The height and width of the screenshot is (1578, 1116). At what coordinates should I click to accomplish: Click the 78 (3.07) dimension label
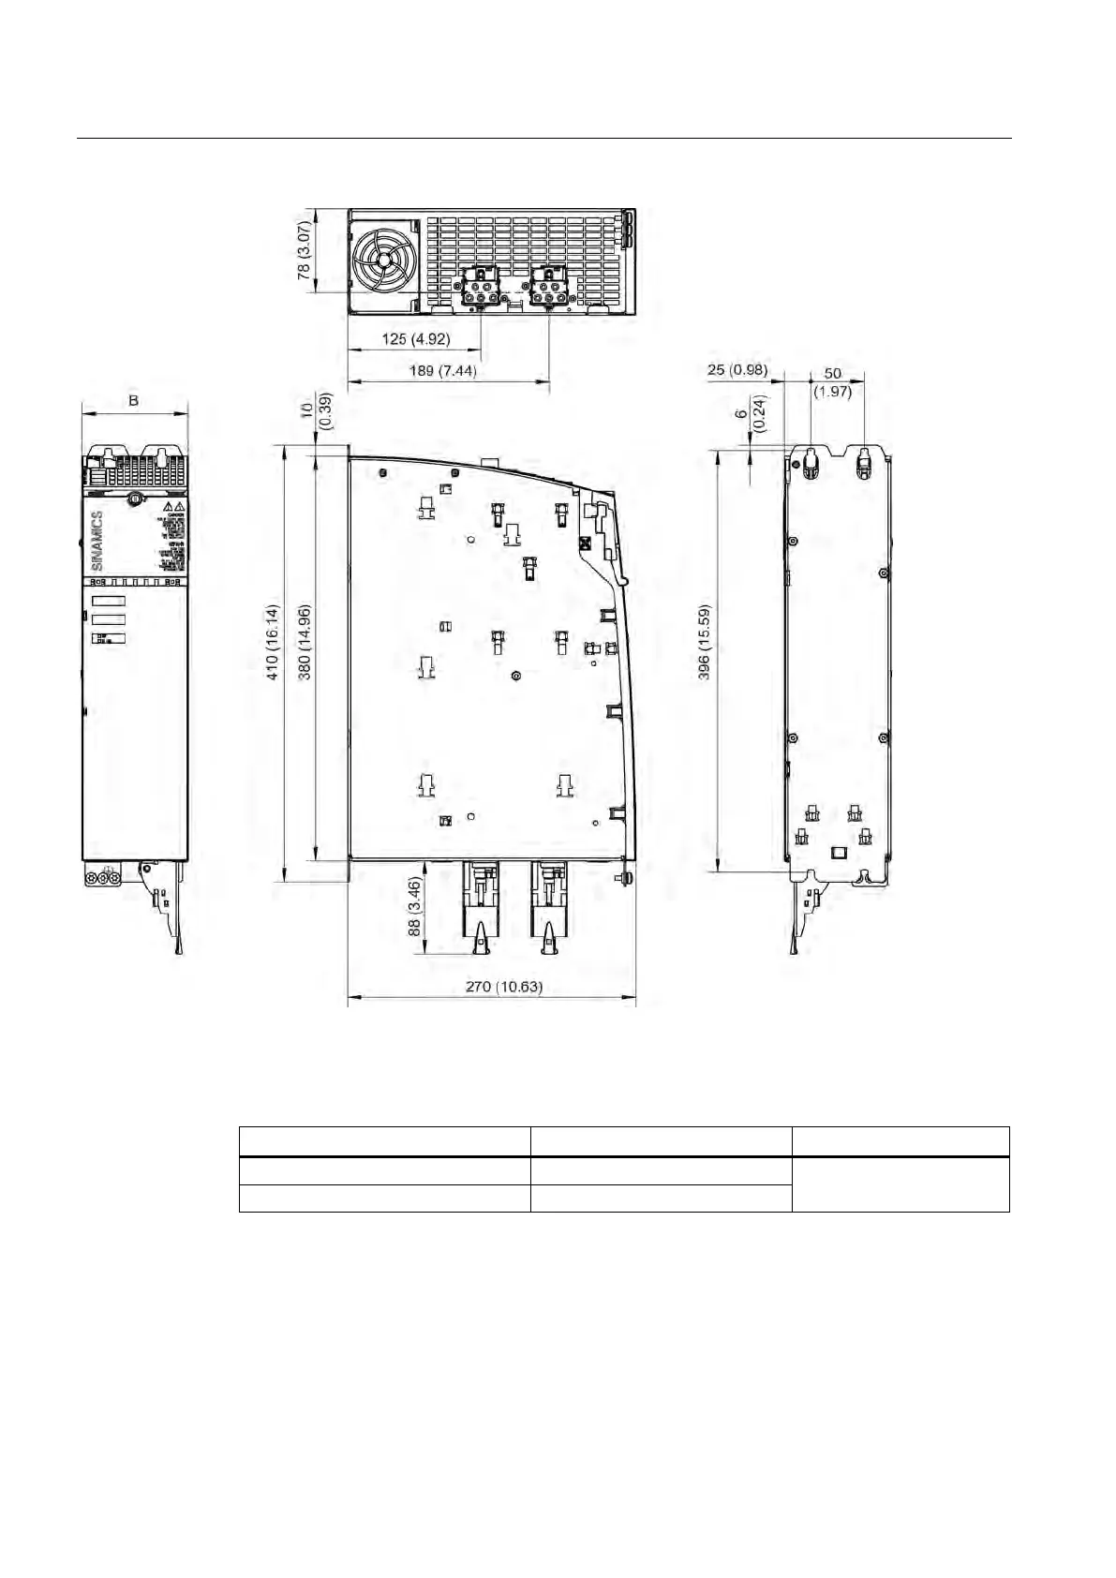(x=304, y=250)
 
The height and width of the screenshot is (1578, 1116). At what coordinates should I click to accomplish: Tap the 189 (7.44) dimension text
(x=442, y=371)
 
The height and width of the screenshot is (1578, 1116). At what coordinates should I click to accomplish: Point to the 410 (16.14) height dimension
(x=272, y=642)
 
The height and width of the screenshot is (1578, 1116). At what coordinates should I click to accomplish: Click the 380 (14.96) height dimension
(x=304, y=642)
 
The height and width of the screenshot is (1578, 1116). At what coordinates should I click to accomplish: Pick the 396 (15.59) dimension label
(x=705, y=642)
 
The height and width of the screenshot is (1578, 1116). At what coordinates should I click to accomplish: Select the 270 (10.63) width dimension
(x=504, y=986)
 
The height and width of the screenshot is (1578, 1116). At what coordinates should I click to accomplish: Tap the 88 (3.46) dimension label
(x=414, y=907)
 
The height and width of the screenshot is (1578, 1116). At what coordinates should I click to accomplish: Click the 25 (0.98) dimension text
(x=737, y=370)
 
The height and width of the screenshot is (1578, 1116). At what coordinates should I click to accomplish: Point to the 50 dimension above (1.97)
(x=832, y=373)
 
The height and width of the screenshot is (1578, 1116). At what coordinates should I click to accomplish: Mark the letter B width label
(x=134, y=400)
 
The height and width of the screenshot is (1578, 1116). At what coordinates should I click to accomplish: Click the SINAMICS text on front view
(x=97, y=541)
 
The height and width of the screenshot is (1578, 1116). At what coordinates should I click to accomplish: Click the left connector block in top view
(x=480, y=285)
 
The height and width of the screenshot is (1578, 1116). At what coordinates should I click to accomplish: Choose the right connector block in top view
(x=549, y=285)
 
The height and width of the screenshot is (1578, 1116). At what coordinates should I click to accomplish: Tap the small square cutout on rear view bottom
(x=840, y=853)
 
